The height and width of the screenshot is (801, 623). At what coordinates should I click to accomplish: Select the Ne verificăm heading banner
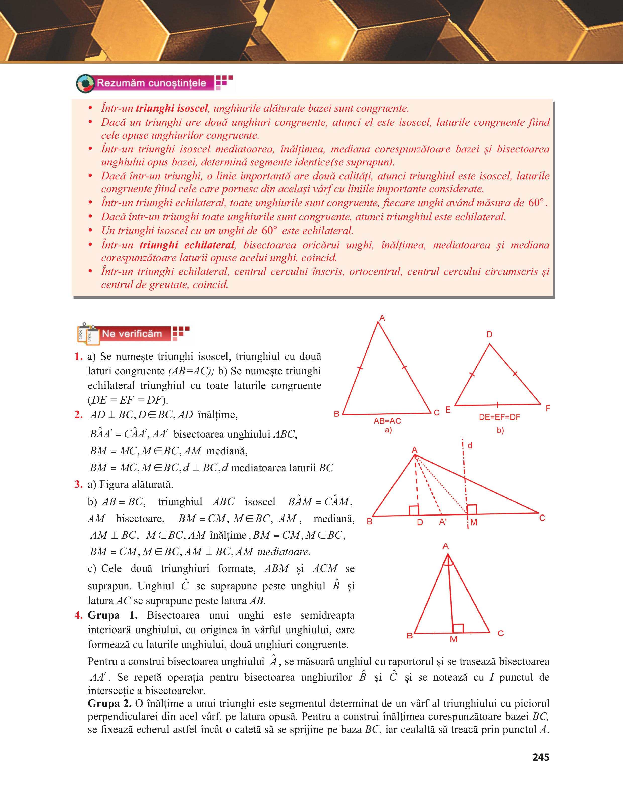click(x=132, y=334)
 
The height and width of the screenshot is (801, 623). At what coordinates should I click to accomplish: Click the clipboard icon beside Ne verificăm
click(x=88, y=334)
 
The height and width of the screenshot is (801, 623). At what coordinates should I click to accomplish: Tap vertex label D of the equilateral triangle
click(x=489, y=334)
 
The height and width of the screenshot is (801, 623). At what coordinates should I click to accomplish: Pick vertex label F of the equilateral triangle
click(x=548, y=408)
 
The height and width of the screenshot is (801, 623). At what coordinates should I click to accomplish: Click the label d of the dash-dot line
click(x=470, y=446)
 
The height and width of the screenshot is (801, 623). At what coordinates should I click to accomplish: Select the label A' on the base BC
click(x=443, y=522)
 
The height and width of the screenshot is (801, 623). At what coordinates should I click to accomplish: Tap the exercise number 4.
click(x=78, y=615)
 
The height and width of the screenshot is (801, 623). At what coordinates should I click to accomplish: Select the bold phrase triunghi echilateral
click(x=187, y=245)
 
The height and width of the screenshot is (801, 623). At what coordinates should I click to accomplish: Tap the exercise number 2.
click(x=78, y=415)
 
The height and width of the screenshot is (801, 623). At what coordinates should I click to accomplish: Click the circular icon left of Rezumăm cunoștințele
click(x=85, y=83)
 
